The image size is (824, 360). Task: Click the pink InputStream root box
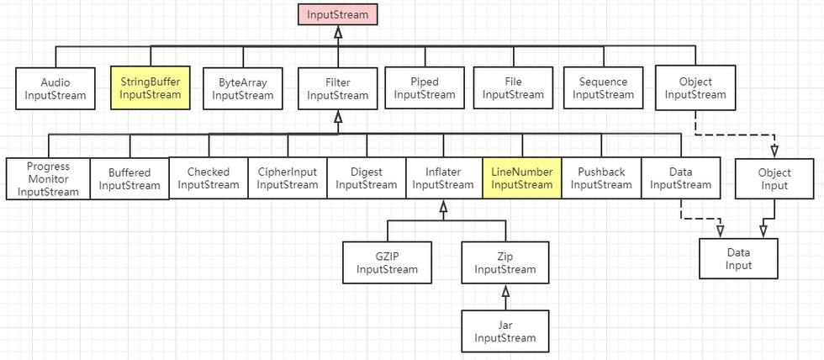337,14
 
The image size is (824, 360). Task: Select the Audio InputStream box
55,88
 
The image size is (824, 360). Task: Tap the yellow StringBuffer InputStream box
150,88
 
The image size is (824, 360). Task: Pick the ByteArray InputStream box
243,88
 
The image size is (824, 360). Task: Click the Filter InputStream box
337,88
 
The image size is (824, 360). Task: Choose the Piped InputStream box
425,87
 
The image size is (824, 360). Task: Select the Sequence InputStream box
603,87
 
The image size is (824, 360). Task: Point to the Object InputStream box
695,87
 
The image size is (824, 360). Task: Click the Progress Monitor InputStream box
48,178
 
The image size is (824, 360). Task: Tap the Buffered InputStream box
129,178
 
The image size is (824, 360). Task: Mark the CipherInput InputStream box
288,177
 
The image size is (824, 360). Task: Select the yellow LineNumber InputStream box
522,177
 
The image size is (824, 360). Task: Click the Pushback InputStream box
601,177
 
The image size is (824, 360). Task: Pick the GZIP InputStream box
387,262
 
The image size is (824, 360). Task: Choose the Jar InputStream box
504,331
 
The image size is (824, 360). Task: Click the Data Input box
739,258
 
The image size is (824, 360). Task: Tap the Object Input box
774,178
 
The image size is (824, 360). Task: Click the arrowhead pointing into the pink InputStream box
337,32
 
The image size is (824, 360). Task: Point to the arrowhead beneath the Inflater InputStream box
443,206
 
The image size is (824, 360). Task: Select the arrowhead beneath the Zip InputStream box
505,291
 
